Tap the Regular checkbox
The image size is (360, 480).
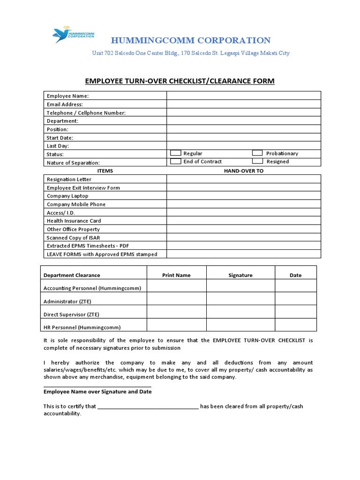[175, 153]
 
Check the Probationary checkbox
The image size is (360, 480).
[257, 153]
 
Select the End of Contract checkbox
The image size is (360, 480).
[175, 161]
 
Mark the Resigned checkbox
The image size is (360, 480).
[257, 161]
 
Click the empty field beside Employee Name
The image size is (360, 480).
[244, 96]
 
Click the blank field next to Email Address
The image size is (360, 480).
[244, 104]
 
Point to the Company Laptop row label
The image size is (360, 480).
[67, 196]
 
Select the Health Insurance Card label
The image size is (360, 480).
[74, 221]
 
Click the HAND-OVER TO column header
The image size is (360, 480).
[244, 171]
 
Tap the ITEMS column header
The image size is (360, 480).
[105, 171]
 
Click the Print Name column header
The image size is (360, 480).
[176, 275]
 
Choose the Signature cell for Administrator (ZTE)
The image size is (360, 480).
[240, 299]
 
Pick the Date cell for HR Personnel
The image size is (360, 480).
[295, 325]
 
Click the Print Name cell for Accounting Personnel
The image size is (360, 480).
[176, 285]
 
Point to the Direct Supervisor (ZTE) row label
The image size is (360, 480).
[71, 315]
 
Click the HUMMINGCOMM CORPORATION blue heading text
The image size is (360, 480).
[190, 41]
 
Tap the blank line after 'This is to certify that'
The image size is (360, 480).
[148, 406]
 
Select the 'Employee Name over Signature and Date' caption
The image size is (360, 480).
[97, 391]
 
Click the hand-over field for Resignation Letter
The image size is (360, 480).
[244, 179]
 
